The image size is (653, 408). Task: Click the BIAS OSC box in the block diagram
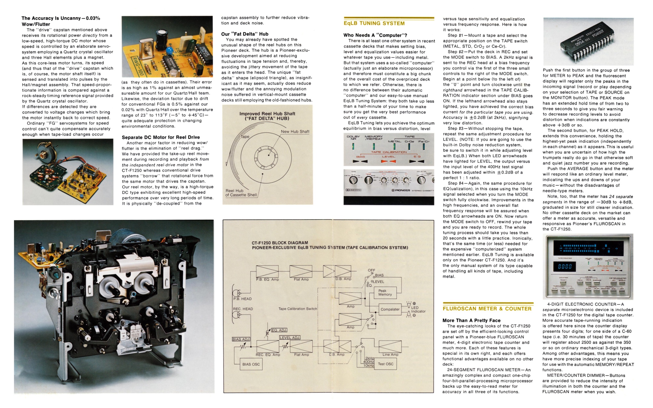(x=251, y=364)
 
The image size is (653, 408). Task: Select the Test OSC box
(x=385, y=364)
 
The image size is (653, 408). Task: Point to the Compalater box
(x=390, y=309)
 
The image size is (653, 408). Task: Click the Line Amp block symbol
(x=390, y=347)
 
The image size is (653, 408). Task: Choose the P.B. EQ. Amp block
(x=267, y=272)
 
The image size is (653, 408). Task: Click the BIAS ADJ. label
(x=241, y=339)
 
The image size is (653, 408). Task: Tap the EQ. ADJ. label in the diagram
(x=279, y=330)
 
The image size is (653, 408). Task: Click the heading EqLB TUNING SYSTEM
(x=374, y=23)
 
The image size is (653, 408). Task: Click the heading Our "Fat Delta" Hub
(x=245, y=34)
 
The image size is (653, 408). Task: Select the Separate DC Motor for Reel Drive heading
(x=161, y=137)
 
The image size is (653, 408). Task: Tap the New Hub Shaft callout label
(x=295, y=132)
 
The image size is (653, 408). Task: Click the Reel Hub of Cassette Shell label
(x=241, y=193)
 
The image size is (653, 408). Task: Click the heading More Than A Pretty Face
(x=471, y=320)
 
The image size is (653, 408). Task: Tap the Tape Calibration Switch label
(x=297, y=309)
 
